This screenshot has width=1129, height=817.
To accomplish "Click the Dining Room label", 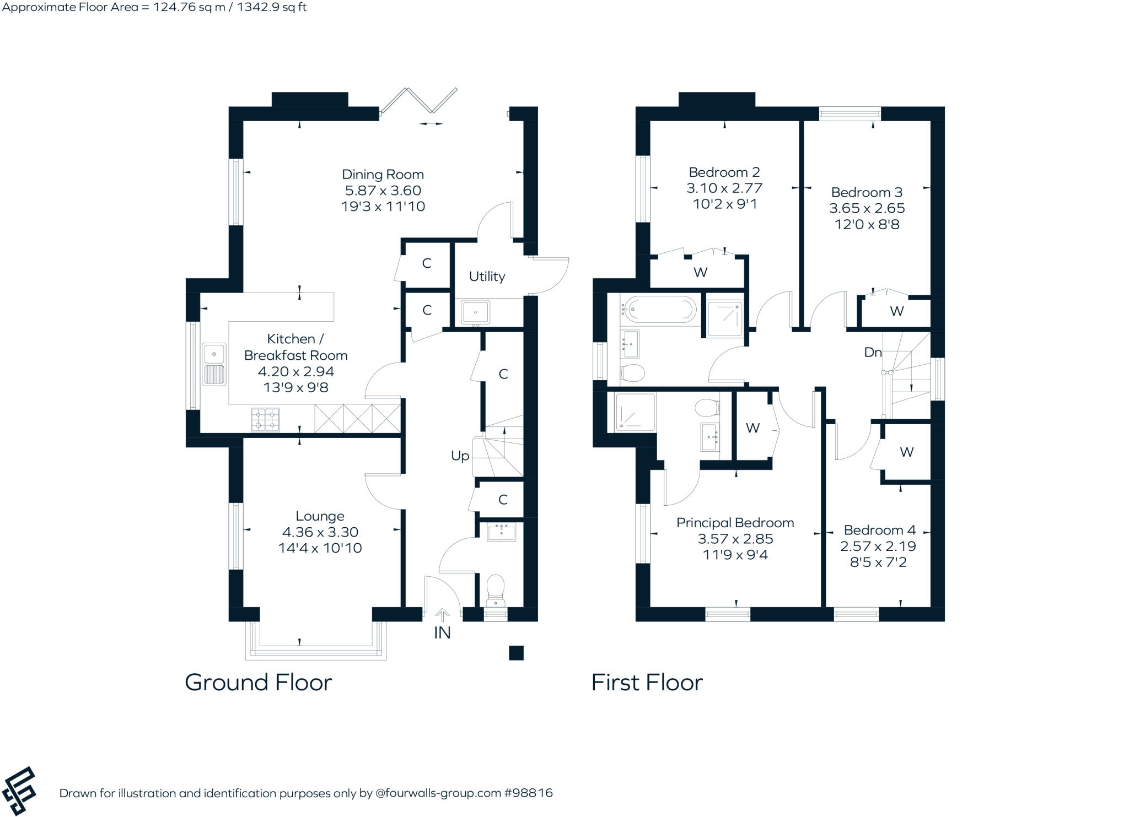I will [383, 175].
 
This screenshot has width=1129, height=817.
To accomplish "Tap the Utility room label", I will [487, 276].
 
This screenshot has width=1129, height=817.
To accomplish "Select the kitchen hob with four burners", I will [265, 419].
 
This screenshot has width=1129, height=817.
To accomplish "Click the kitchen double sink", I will [214, 364].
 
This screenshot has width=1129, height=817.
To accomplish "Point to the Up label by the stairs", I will [460, 456].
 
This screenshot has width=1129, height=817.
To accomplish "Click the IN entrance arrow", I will [442, 614].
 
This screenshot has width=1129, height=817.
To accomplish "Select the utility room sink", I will [475, 312].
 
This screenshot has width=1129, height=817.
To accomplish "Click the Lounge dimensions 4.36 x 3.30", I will [320, 532].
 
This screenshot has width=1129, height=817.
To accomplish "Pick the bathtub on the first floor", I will [659, 309].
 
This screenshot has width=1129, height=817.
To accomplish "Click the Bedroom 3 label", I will [867, 192].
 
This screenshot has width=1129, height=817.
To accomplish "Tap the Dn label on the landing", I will [873, 352].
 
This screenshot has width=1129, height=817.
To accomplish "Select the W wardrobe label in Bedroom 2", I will [700, 272].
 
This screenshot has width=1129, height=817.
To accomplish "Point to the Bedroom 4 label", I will [879, 530].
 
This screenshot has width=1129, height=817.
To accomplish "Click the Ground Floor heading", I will [258, 683].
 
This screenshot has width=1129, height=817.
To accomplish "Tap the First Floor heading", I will [647, 683].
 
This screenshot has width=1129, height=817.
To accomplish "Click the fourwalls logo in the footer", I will [19, 791].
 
